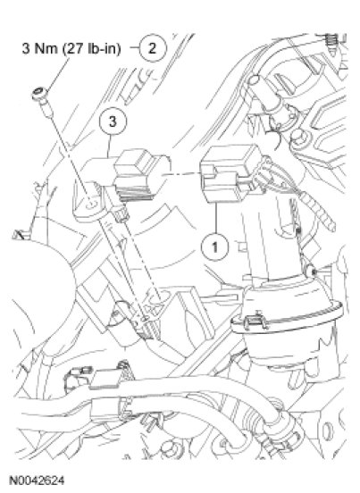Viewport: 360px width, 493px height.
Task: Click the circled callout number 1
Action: (x=215, y=247)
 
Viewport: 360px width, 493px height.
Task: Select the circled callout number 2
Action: (x=153, y=48)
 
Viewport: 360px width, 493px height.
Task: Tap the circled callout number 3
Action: (x=113, y=121)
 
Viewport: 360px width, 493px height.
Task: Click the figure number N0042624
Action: (x=37, y=480)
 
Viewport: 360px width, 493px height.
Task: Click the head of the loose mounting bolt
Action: (x=39, y=93)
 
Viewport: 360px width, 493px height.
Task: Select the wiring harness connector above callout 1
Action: (x=231, y=173)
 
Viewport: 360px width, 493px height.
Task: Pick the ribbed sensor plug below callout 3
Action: (x=137, y=176)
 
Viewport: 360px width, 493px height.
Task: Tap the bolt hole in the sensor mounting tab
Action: (x=89, y=205)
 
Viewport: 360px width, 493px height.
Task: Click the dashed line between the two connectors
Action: (x=182, y=174)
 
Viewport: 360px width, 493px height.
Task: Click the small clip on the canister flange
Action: (x=255, y=321)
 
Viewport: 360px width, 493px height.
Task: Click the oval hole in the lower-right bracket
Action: (x=328, y=430)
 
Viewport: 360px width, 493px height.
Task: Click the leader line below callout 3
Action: (x=109, y=146)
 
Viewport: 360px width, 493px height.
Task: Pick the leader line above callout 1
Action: (x=216, y=219)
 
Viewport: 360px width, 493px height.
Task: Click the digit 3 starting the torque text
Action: (x=26, y=49)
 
